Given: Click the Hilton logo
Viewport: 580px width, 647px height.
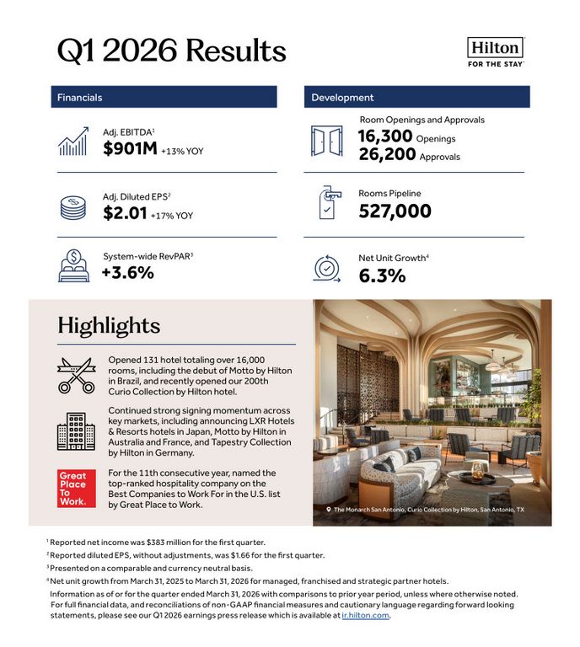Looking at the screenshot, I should coord(495,51).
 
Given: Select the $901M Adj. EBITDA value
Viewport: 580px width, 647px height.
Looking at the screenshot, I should coord(130,150).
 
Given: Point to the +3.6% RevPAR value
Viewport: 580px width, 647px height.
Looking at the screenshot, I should coord(127,272).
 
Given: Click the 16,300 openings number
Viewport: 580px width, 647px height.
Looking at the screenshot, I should coord(385,137).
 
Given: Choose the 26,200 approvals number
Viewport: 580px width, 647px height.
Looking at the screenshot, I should coord(385,155).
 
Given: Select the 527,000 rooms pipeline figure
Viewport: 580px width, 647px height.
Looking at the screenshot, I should coord(395,211).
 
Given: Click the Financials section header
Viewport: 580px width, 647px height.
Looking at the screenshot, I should coord(80,98).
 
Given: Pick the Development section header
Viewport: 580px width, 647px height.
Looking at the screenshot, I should coord(342,98).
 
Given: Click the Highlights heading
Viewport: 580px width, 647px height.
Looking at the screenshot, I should coord(108,325).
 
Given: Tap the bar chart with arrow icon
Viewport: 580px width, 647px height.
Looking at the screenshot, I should coord(74,142).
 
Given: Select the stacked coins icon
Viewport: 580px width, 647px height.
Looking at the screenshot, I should coord(73,206).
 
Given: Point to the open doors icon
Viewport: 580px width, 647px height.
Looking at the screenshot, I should coord(326,140).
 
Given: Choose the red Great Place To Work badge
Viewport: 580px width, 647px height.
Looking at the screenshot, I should coord(72,489).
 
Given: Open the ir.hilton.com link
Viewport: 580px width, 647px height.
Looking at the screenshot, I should coord(365,615).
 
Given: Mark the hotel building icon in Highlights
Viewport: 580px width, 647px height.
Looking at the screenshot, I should coord(76,430).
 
